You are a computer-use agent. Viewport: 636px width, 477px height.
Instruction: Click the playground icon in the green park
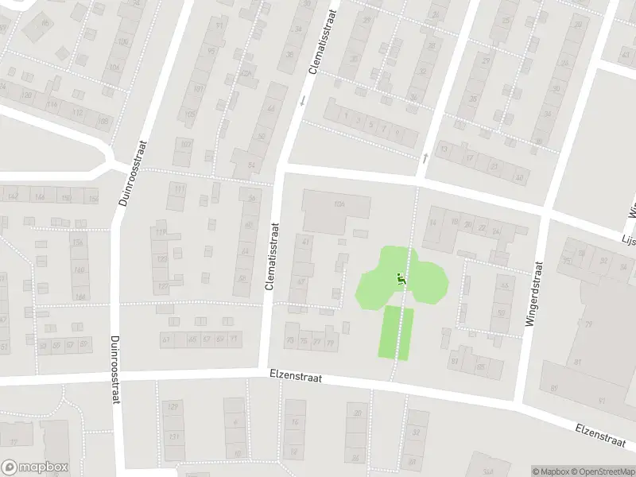tap(400, 279)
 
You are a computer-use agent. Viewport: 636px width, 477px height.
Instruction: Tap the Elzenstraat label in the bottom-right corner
tap(605, 436)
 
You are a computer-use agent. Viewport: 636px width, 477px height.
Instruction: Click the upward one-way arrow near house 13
tap(425, 158)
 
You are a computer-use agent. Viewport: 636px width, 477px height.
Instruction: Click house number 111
tap(179, 188)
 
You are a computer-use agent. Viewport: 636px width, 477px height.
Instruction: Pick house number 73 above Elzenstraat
tap(290, 342)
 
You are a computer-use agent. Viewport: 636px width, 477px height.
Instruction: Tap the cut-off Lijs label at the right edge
tap(628, 238)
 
